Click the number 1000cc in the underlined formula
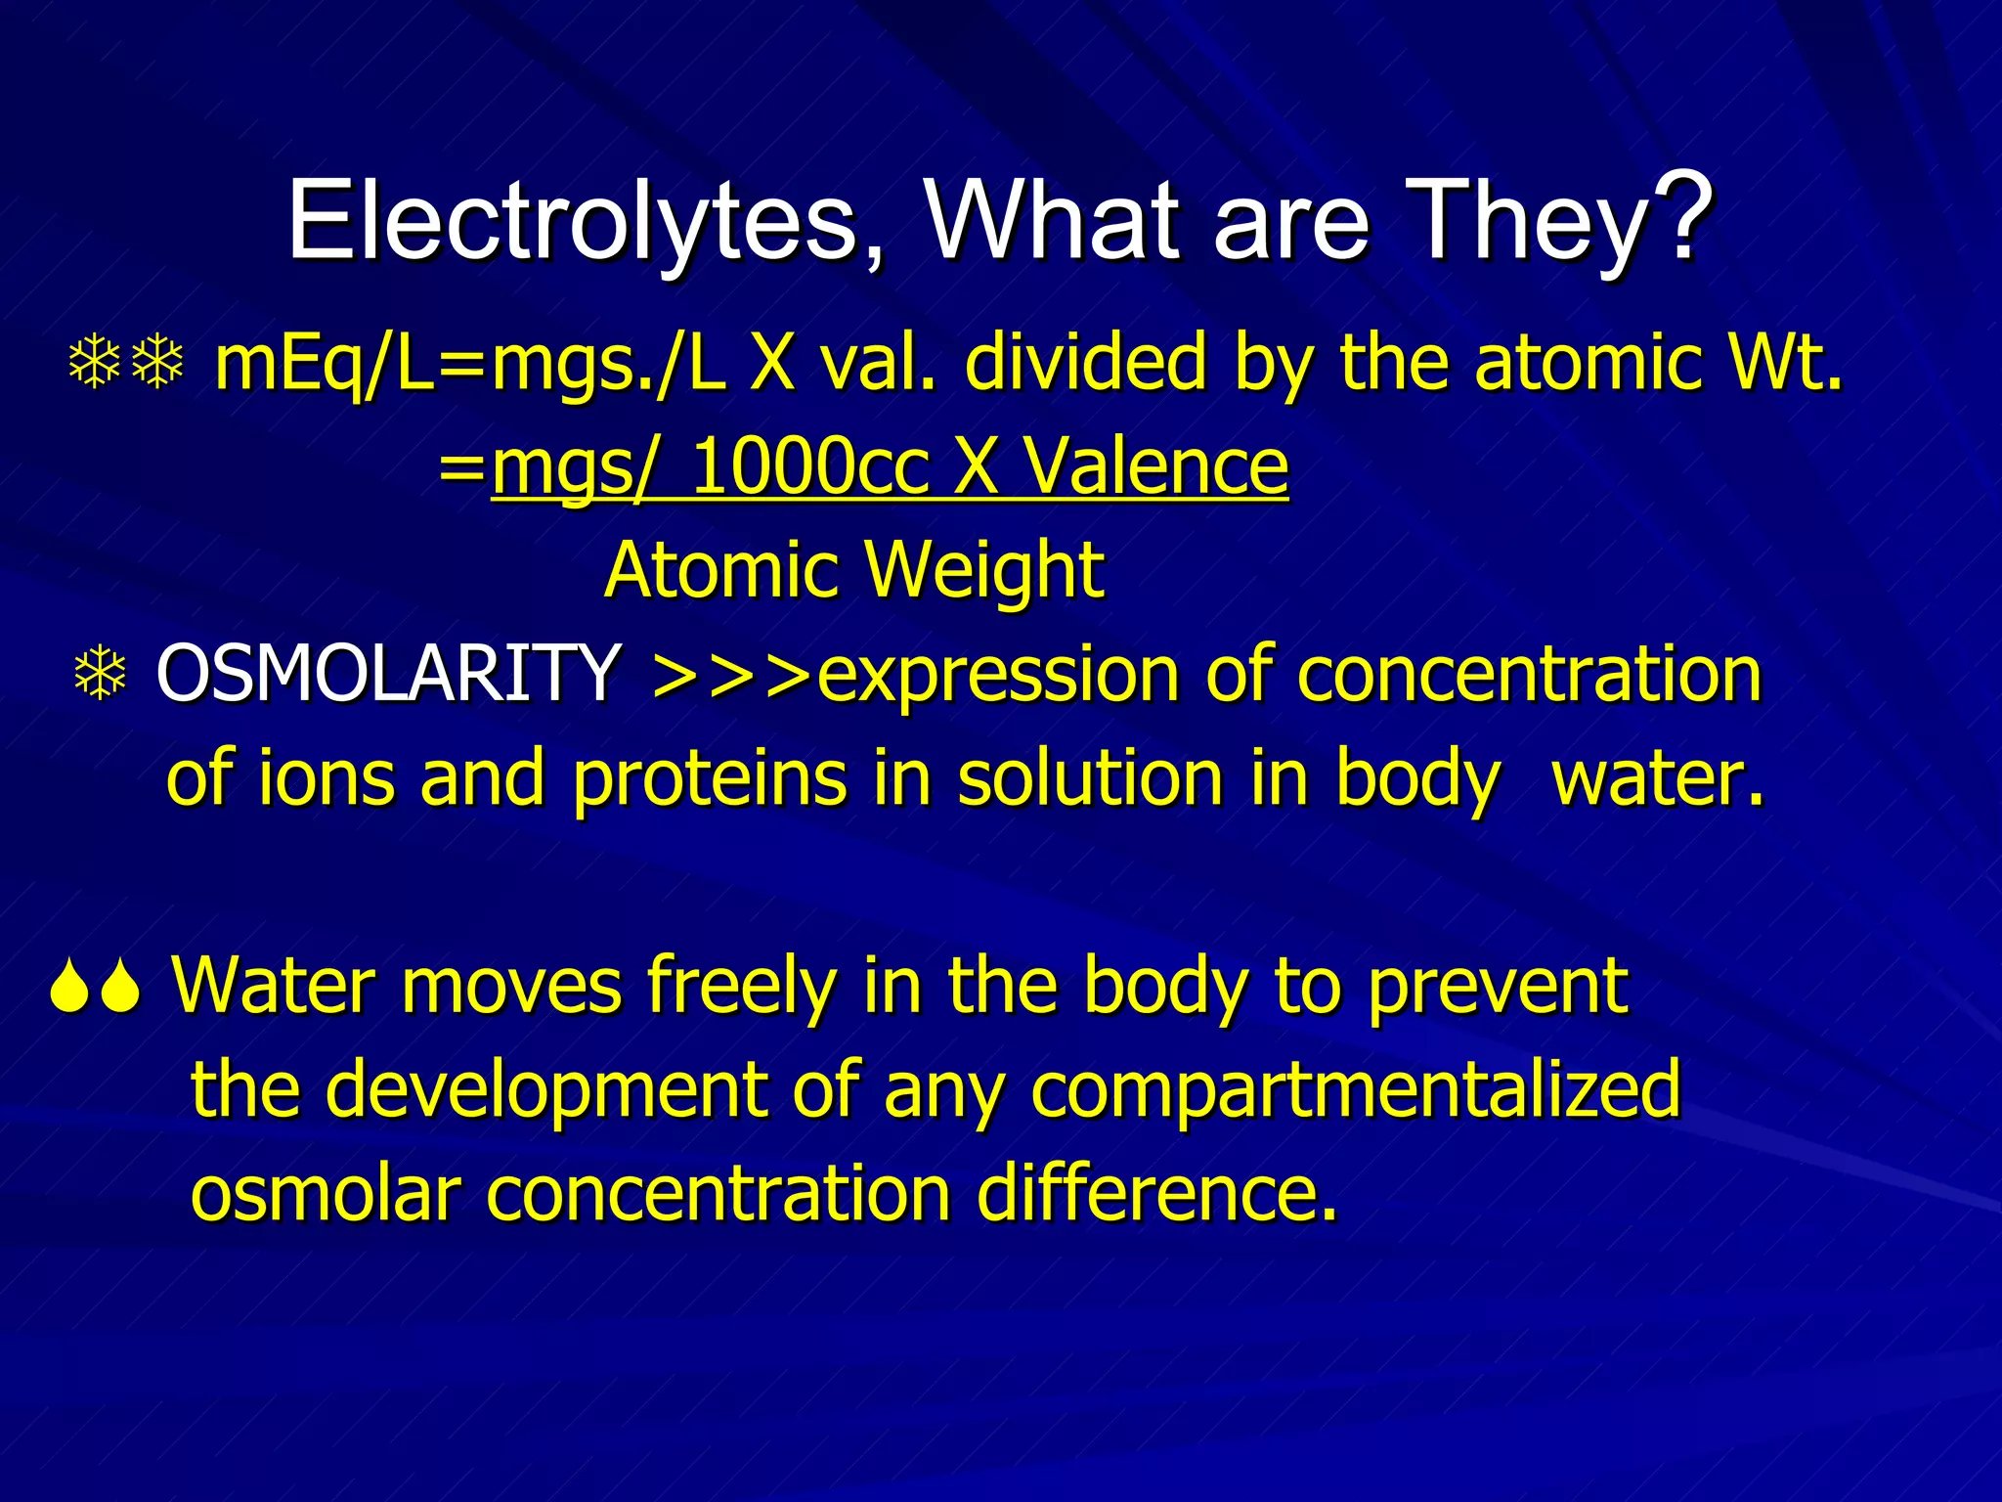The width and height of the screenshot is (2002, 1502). coord(809,466)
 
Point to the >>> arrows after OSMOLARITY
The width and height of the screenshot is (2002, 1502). coord(731,675)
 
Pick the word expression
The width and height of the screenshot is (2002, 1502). coord(998,675)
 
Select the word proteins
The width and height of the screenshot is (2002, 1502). coord(710,779)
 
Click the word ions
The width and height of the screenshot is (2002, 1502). coord(326,778)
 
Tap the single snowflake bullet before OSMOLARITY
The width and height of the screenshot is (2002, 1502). coord(101,674)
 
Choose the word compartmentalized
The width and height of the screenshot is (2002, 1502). coord(1356,1089)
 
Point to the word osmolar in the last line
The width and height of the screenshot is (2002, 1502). coord(325,1195)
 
